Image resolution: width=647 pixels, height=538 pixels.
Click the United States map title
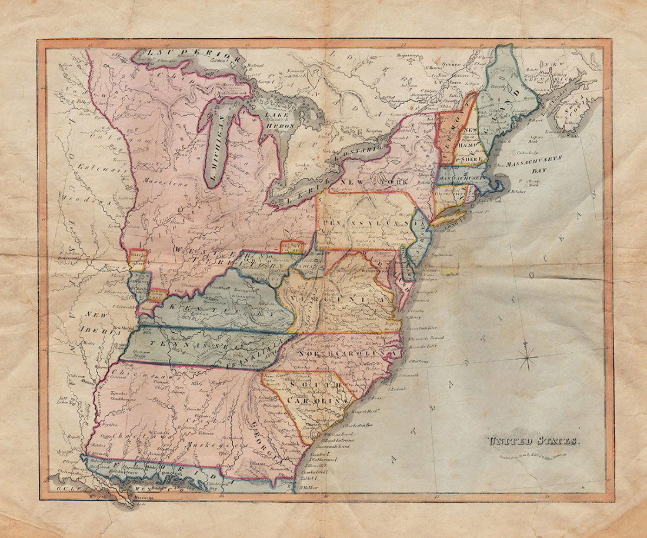pos(532,440)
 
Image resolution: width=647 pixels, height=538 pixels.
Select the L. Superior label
pos(176,54)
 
